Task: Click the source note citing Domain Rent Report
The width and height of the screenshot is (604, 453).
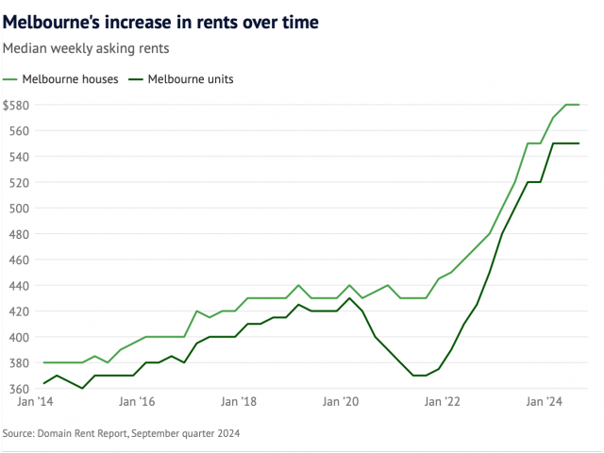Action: (x=122, y=433)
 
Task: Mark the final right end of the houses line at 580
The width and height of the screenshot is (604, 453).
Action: (x=579, y=105)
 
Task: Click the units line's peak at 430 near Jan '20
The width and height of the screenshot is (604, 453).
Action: (x=349, y=298)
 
